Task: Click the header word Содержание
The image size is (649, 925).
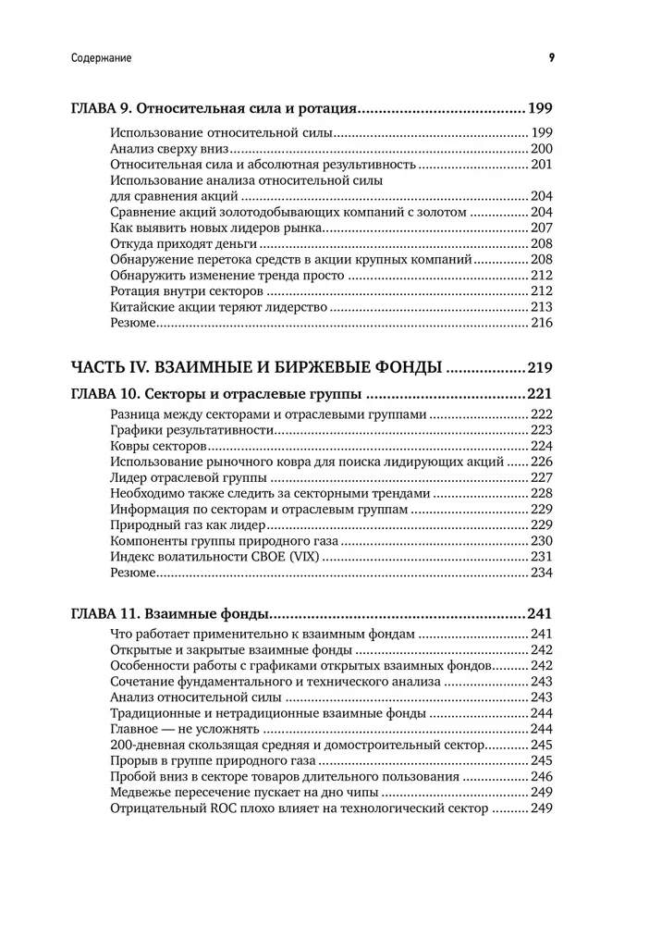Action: click(x=101, y=57)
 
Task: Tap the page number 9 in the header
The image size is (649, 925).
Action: click(x=551, y=57)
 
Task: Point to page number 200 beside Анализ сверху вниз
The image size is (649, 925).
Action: click(x=541, y=148)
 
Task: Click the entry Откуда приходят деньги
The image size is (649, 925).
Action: click(x=184, y=243)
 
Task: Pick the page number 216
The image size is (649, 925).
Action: click(x=541, y=323)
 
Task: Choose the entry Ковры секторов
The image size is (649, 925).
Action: click(x=152, y=445)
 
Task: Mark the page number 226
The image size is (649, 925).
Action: click(x=541, y=462)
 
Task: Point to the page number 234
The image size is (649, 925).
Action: click(x=541, y=573)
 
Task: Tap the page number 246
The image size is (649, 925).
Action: click(x=541, y=777)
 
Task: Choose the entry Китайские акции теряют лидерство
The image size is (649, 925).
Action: click(x=218, y=307)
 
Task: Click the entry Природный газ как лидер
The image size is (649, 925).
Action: click(x=183, y=524)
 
